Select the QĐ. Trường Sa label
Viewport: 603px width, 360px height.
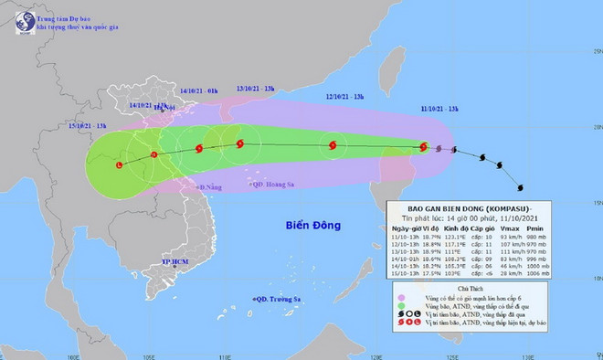click(283, 298)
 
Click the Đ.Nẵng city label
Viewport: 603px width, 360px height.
click(210, 186)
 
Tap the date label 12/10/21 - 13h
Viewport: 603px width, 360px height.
click(345, 95)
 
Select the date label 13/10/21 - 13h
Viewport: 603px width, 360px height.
click(255, 89)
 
